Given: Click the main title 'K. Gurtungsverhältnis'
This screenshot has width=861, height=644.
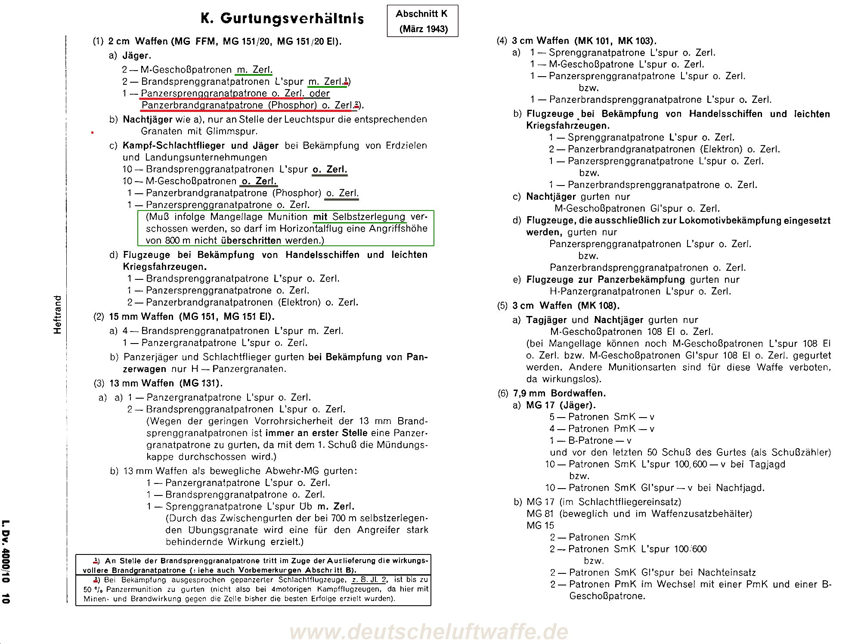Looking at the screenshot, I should pos(282,19).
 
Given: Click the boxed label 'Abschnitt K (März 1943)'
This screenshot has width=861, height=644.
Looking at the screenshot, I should pos(422,21).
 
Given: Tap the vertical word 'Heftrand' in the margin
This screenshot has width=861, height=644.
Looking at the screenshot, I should pos(58,314).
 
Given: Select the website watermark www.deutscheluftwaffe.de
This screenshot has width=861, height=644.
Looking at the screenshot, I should pos(429,632).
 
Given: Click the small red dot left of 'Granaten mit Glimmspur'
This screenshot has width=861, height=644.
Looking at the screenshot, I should pos(92,133).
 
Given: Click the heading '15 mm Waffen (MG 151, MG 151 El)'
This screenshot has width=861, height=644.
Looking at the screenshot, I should pos(191,317).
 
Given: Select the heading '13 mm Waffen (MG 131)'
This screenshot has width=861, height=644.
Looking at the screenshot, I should pos(166,383).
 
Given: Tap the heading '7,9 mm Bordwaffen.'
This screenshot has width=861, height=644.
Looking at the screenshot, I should pos(559,393).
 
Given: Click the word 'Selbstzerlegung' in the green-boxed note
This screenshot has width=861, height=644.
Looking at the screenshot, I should pos(369,217).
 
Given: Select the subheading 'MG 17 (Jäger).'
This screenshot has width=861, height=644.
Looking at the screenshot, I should pos(561,405).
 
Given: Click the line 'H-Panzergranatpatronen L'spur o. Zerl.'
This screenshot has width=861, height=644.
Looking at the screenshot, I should pos(640,291).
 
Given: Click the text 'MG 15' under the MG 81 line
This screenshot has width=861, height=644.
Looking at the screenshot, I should pos(540,526).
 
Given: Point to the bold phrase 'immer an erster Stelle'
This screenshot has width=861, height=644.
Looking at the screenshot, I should pos(316,433).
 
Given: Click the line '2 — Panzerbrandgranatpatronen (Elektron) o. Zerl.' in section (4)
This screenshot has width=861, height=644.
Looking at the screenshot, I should pos(664,149).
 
